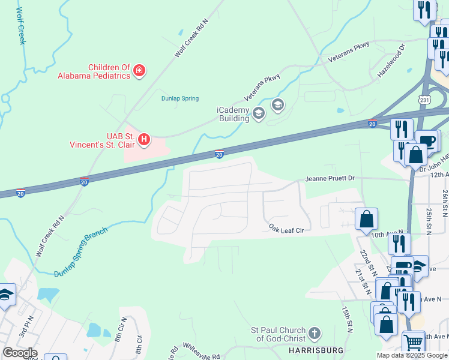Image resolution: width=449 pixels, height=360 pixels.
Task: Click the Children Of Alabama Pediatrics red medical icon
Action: click(x=139, y=71)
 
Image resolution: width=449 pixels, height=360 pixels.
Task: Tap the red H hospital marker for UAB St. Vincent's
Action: click(x=143, y=140)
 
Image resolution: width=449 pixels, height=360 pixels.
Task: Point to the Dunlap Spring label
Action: click(x=179, y=98)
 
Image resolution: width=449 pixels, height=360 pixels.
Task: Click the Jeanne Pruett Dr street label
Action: click(x=330, y=179)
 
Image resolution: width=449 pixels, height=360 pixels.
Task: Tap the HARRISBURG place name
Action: click(x=315, y=350)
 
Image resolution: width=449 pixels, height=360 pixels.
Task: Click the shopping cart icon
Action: click(x=413, y=343)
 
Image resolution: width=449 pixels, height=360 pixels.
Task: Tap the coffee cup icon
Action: click(x=427, y=141)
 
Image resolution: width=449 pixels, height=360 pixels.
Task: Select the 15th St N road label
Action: click(x=346, y=319)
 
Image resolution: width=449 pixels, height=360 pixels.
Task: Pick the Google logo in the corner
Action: click(x=20, y=353)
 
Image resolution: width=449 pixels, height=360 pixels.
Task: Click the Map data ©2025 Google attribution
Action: click(x=412, y=355)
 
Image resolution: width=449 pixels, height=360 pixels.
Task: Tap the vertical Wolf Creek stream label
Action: click(x=21, y=26)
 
